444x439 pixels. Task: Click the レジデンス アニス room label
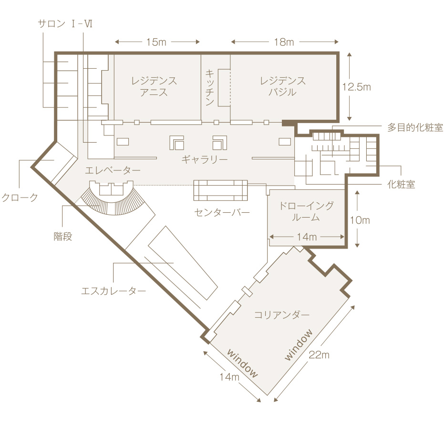(x=154, y=86)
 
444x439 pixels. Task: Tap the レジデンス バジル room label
(x=283, y=86)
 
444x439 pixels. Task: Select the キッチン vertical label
(x=210, y=88)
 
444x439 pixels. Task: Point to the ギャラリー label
(x=205, y=159)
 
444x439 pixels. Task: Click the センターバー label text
(x=222, y=212)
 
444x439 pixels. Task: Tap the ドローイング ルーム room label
(x=306, y=211)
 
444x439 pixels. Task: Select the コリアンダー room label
(x=282, y=314)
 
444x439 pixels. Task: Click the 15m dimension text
(x=156, y=42)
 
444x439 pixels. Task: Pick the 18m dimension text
(x=284, y=42)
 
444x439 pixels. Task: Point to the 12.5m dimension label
(x=357, y=87)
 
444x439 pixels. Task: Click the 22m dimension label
(x=319, y=355)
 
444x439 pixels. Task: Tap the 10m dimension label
(x=360, y=220)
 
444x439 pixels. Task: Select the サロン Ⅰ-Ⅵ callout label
(x=65, y=24)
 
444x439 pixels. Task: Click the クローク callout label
(x=20, y=197)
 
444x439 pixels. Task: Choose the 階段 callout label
(x=63, y=236)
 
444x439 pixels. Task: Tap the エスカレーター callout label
(x=114, y=291)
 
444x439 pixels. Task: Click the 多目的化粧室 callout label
(x=415, y=127)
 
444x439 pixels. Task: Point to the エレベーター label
(x=113, y=170)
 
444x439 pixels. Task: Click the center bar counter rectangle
(x=221, y=190)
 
